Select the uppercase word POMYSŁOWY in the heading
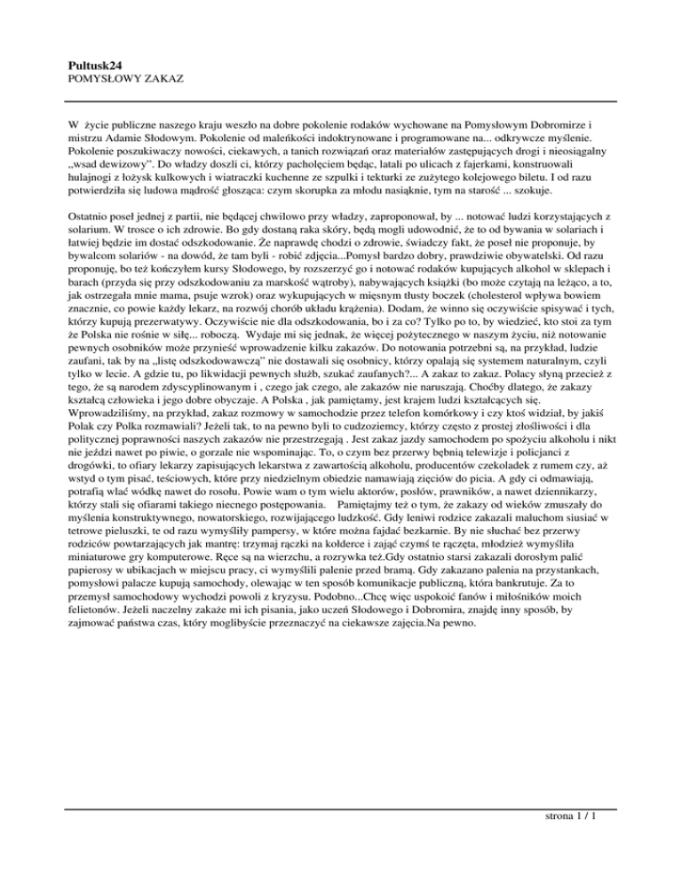[102, 80]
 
